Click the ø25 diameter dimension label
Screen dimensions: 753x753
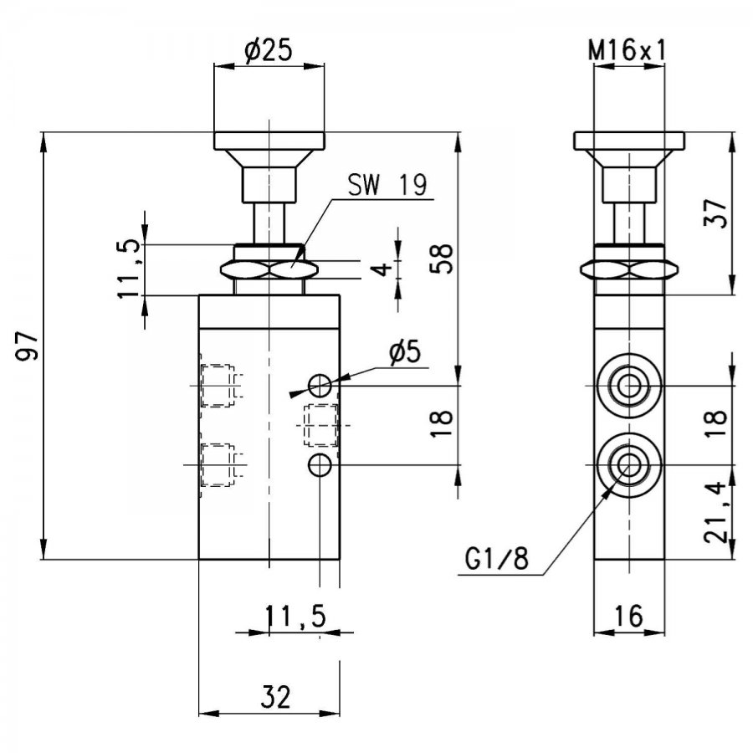click(268, 50)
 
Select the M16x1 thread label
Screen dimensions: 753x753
click(628, 50)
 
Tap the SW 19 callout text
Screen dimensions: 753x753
click(387, 185)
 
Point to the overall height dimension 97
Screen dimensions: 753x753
click(27, 346)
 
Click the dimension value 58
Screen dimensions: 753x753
click(441, 259)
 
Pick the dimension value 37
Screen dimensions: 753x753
click(715, 213)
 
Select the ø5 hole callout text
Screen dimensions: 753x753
click(405, 352)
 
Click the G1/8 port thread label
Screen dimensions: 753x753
click(496, 558)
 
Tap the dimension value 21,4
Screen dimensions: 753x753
click(715, 512)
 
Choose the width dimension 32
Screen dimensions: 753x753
click(275, 697)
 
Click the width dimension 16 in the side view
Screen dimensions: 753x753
click(628, 616)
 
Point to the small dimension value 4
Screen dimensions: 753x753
click(382, 269)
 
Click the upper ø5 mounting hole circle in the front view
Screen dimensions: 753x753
click(320, 386)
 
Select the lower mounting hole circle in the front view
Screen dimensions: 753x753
click(320, 465)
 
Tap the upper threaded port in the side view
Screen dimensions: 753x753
click(628, 386)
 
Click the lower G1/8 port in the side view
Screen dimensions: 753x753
click(628, 465)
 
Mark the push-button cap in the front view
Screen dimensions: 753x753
click(269, 141)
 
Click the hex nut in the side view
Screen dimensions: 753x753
click(629, 270)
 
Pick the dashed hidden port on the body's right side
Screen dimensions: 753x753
click(320, 426)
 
